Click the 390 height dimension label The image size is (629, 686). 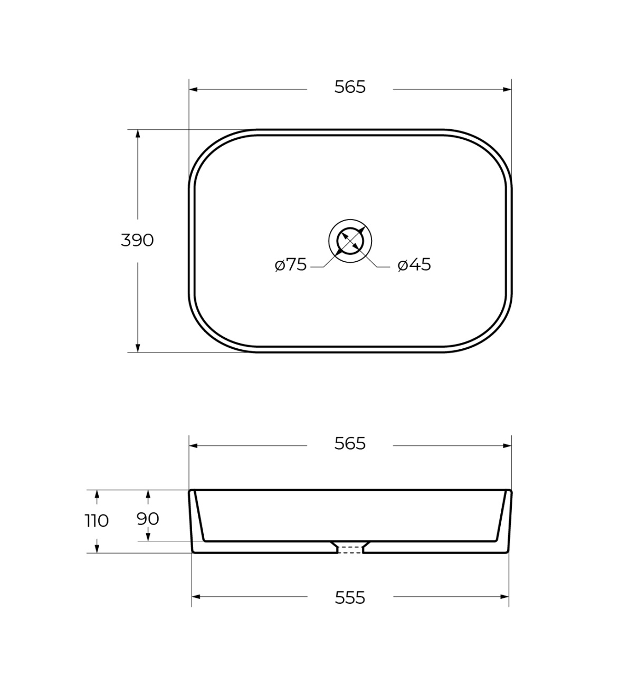[137, 241]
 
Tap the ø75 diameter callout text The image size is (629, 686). [291, 265]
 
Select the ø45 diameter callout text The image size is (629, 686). [414, 265]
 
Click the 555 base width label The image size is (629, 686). [350, 598]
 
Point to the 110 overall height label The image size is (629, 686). [97, 521]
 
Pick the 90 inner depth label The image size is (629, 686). [148, 519]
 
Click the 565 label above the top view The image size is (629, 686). [350, 87]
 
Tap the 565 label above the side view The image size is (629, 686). [350, 444]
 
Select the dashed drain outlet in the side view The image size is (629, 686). [350, 550]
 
